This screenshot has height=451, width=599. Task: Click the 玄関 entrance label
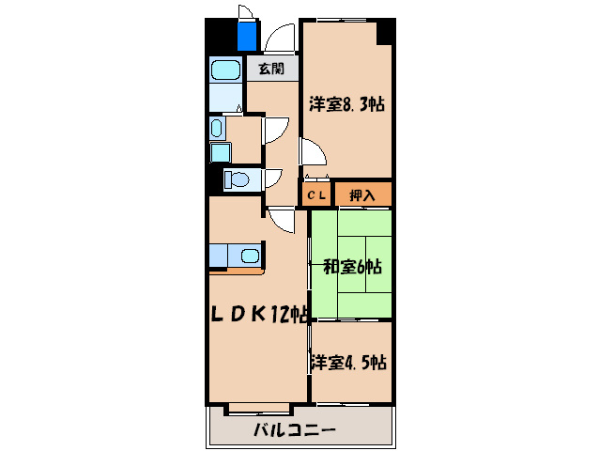272,70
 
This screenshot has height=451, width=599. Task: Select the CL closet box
315,194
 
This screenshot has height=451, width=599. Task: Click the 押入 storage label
362,194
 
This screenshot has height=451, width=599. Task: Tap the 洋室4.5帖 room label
349,361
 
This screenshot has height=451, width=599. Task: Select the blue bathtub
225,70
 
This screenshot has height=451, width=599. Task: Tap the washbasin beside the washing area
217,128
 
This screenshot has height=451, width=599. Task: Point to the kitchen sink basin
249,255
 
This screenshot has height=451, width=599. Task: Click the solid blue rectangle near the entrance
248,36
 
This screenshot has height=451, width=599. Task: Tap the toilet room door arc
275,179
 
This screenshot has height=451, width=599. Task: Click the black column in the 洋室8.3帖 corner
385,32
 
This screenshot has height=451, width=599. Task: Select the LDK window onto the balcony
259,408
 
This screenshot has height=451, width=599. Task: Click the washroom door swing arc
276,130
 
